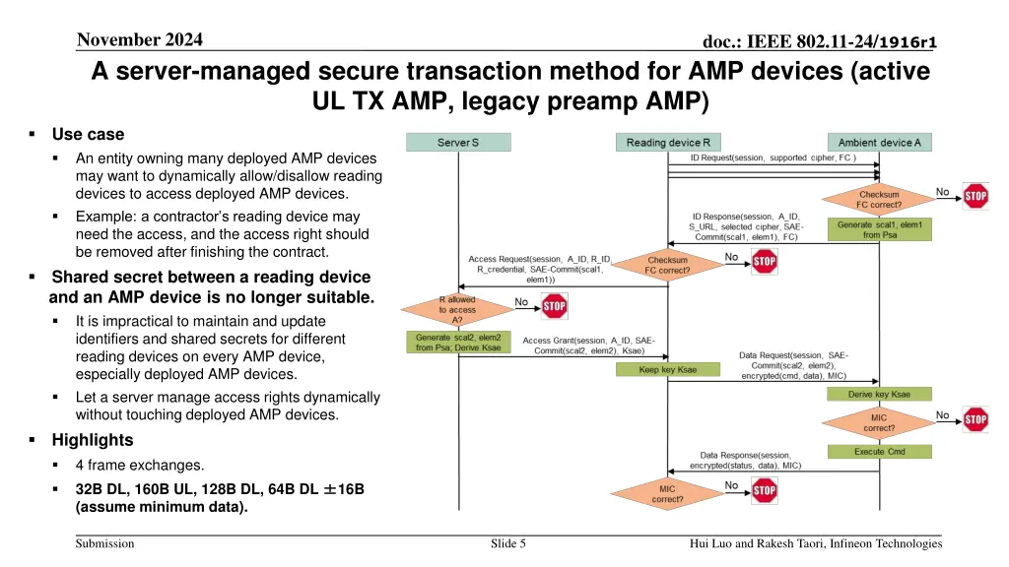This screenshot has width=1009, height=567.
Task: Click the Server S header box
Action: click(x=458, y=143)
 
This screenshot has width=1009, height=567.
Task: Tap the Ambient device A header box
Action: click(x=879, y=143)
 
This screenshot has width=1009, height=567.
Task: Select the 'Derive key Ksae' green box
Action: click(x=879, y=394)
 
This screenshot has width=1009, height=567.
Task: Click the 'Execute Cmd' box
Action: click(x=879, y=452)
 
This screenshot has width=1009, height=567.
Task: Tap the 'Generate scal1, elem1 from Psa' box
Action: click(x=879, y=229)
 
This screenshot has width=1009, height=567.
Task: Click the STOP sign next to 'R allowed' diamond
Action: click(x=555, y=307)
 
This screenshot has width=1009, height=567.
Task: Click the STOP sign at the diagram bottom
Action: click(x=764, y=489)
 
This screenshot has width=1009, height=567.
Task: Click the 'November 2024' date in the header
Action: click(x=139, y=39)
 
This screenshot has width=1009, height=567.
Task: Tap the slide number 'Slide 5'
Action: click(x=507, y=543)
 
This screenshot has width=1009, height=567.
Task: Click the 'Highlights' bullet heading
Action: click(x=93, y=440)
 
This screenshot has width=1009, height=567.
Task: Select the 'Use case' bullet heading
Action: click(x=89, y=134)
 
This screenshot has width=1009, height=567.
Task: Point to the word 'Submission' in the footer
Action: click(x=105, y=543)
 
